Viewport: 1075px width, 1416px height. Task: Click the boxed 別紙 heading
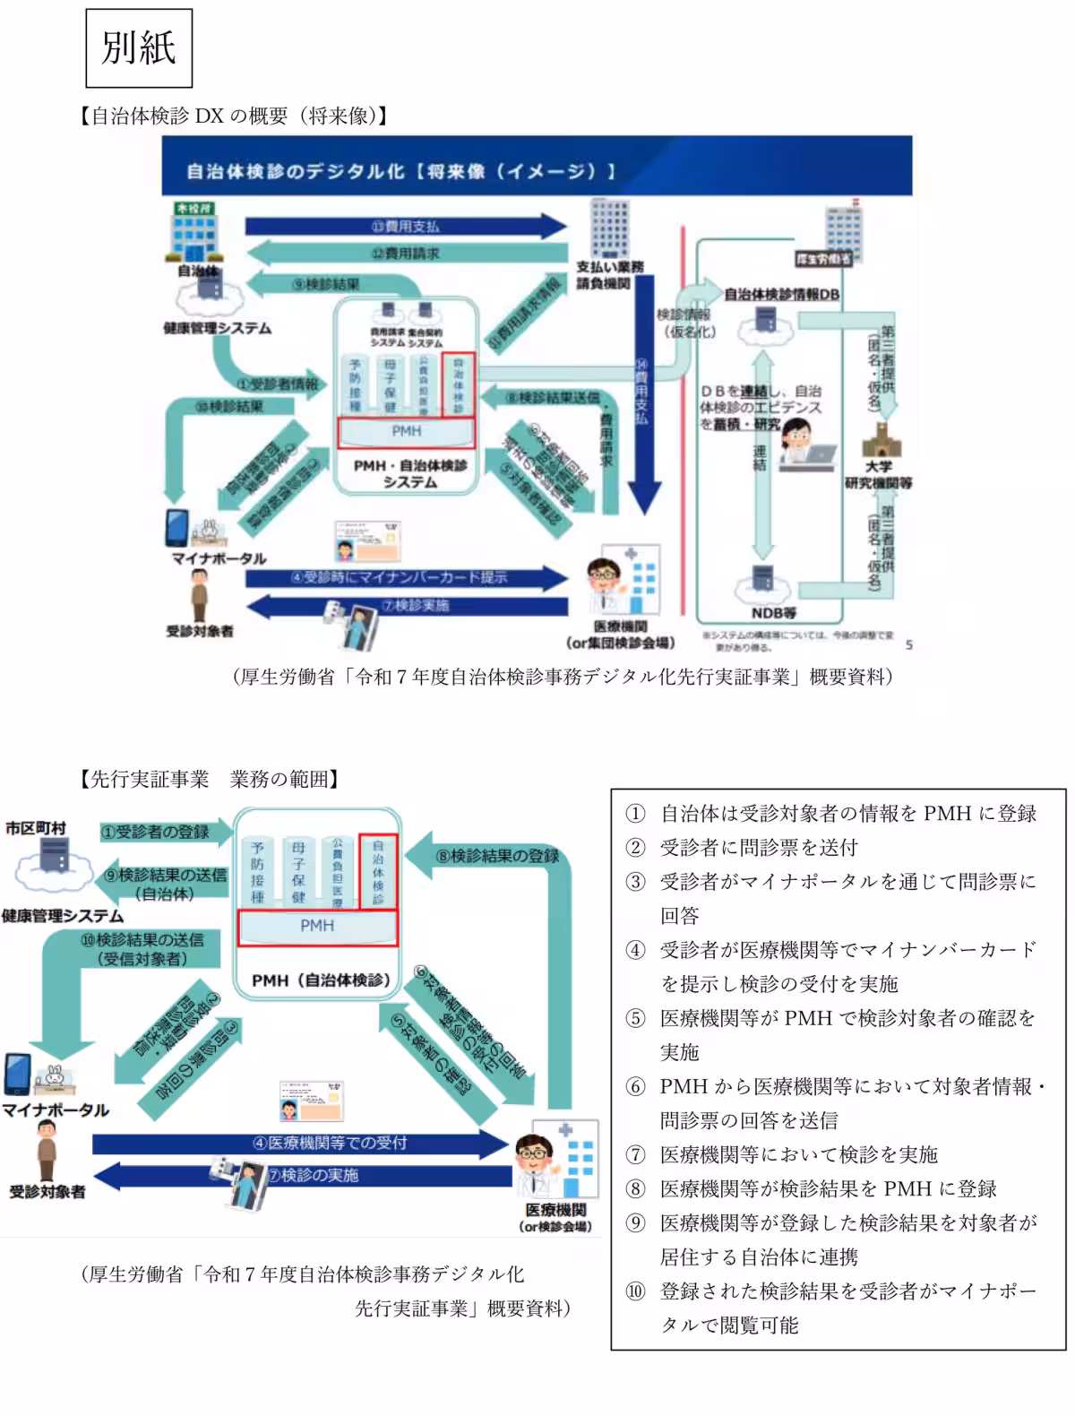coord(138,47)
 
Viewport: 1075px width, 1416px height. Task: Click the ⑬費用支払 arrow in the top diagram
coord(406,226)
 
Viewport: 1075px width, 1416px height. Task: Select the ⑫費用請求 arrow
coord(406,254)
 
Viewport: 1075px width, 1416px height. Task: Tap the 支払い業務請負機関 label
coord(609,275)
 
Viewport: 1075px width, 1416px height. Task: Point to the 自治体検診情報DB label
coord(781,294)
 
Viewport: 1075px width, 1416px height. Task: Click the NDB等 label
coord(774,613)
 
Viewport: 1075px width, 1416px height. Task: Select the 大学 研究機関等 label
coord(879,475)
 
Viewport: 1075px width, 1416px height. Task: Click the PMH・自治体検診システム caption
coord(409,473)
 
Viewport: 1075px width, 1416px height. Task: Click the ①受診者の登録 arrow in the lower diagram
coord(154,832)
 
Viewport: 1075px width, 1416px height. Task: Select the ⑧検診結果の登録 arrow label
coord(497,856)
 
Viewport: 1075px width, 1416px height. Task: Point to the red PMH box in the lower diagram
coord(317,927)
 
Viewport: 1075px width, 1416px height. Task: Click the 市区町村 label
coord(36,827)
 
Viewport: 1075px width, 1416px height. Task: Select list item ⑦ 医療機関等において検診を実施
coord(798,1154)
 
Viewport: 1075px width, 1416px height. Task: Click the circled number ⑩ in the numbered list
coord(635,1291)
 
